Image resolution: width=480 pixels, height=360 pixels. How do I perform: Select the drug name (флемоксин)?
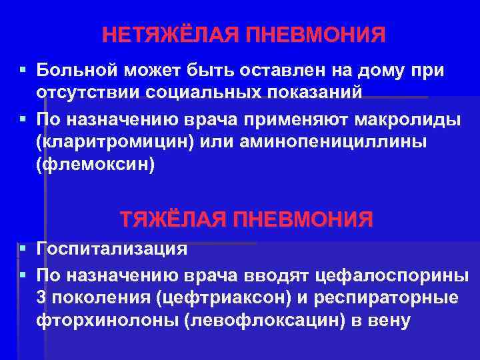click(96, 165)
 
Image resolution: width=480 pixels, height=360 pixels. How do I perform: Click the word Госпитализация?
click(112, 249)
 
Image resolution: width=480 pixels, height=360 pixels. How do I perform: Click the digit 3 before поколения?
click(43, 297)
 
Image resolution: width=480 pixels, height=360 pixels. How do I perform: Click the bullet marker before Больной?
click(23, 69)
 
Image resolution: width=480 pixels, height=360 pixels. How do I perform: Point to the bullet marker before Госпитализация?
click(23, 249)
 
